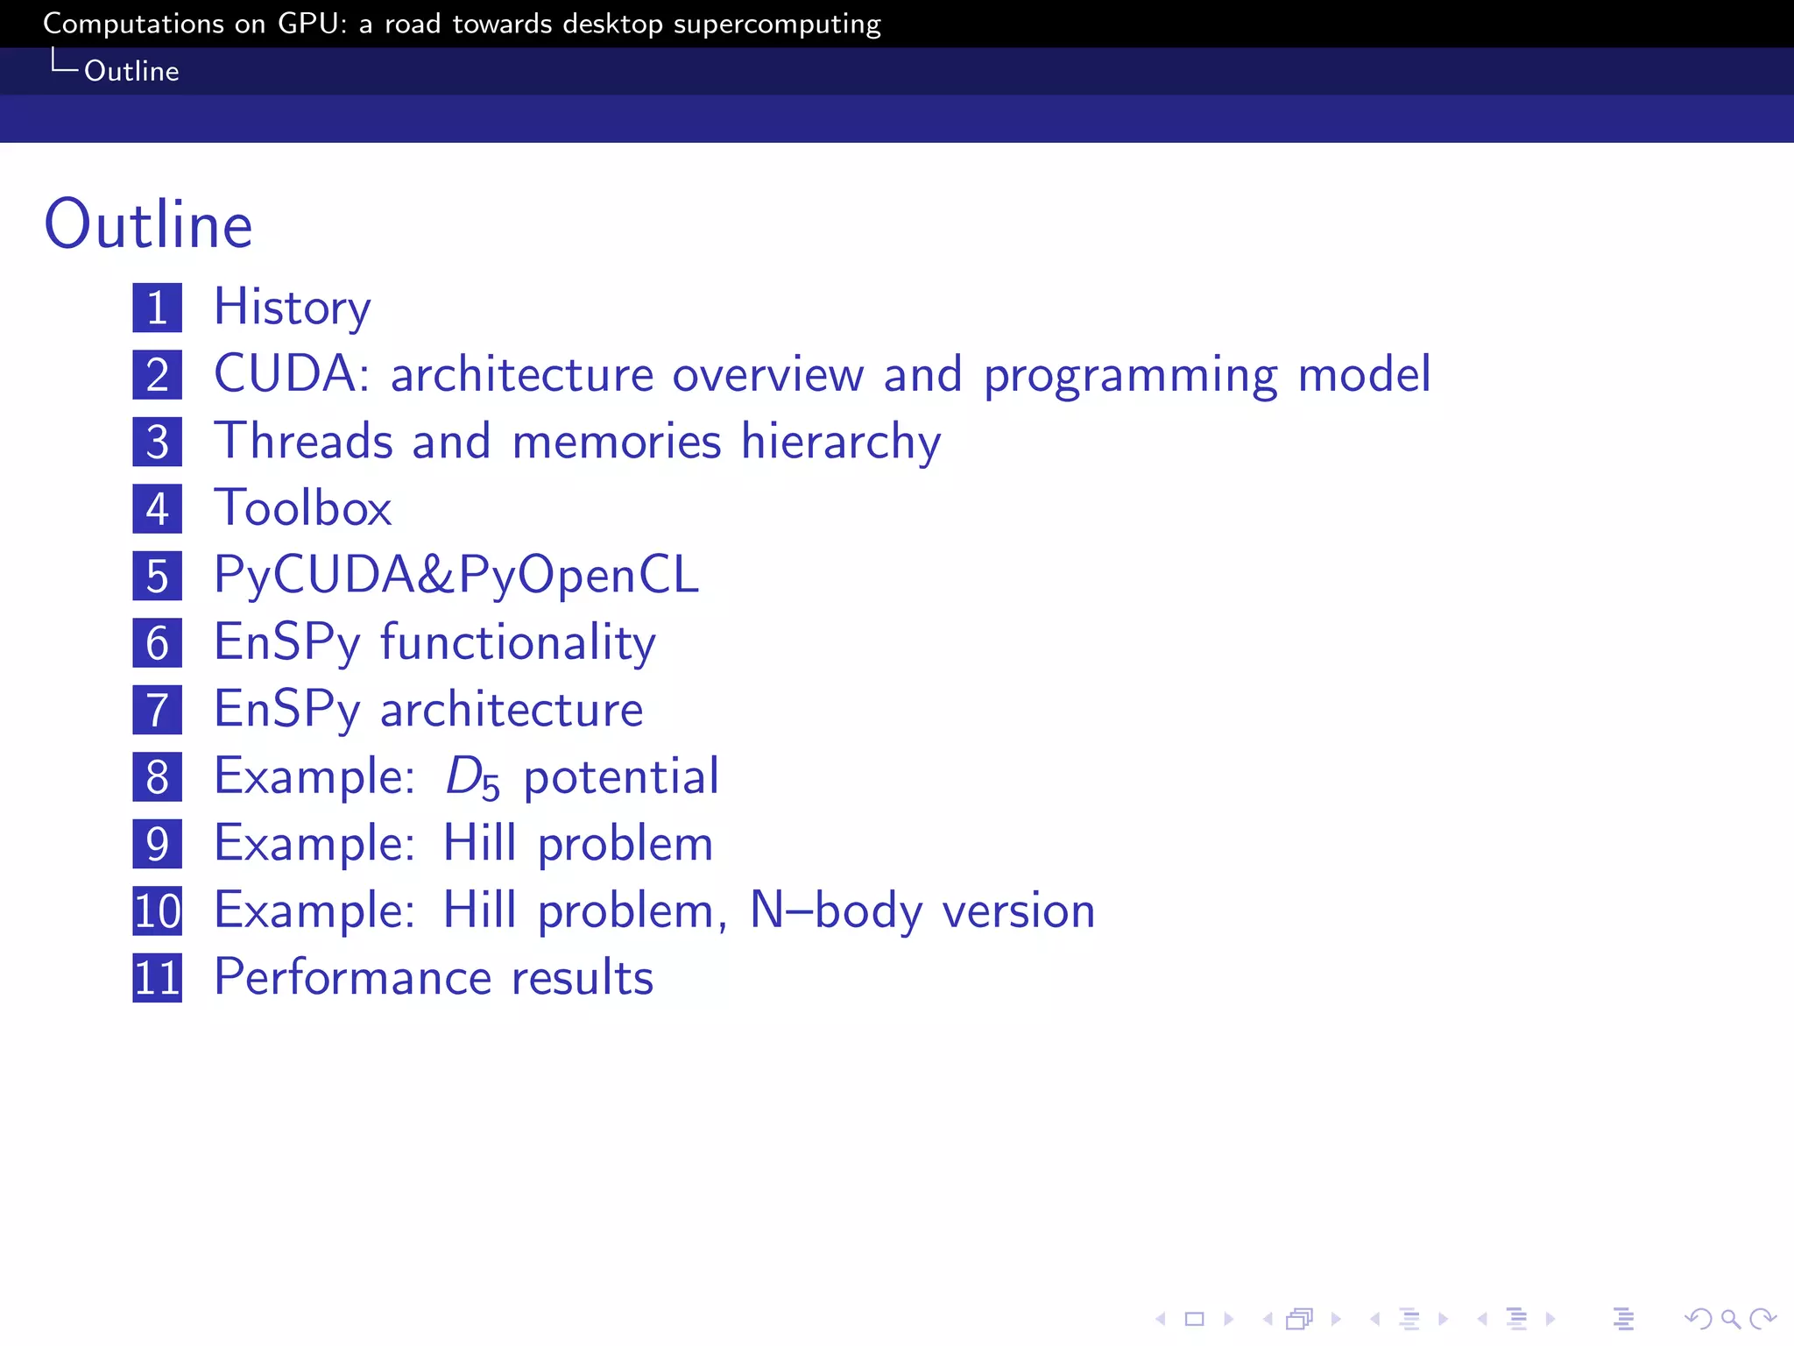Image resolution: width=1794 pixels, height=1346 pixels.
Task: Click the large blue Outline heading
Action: (x=148, y=224)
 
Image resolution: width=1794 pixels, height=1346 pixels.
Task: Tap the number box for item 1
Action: (x=158, y=308)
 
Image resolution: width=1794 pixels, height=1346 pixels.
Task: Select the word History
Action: (x=293, y=308)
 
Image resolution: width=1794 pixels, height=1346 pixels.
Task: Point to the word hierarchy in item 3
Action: (x=840, y=441)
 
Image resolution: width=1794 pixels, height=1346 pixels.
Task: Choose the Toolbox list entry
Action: (x=303, y=508)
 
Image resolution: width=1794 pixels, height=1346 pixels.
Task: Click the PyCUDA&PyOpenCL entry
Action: (x=456, y=576)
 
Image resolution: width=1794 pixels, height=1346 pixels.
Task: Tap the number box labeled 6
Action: (x=158, y=642)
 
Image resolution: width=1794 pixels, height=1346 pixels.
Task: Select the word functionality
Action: (x=518, y=642)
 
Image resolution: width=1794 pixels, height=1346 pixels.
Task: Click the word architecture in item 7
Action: (x=512, y=710)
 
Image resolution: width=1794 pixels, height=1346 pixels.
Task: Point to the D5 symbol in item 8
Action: (x=472, y=777)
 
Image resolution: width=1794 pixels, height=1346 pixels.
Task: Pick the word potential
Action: (x=621, y=777)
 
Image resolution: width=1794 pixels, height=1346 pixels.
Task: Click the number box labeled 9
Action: (x=158, y=844)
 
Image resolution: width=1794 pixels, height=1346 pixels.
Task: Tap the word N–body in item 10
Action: (x=836, y=910)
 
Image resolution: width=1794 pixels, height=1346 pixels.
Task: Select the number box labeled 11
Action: (x=158, y=978)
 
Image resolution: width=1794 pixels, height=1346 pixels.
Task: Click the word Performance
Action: (x=353, y=978)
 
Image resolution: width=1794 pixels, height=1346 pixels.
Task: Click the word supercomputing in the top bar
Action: (x=777, y=25)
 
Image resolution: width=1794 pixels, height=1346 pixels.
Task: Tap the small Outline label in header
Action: (x=131, y=71)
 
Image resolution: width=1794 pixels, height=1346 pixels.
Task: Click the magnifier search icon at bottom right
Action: (x=1730, y=1319)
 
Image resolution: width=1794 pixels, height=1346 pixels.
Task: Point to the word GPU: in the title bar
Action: (x=312, y=24)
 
